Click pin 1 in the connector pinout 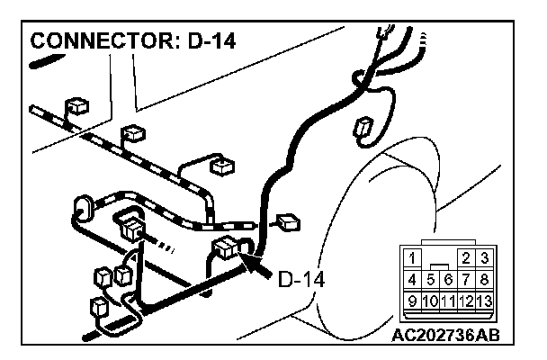tap(413, 258)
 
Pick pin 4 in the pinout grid tap(413, 279)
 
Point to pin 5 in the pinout tap(432, 279)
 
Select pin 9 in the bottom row tap(413, 300)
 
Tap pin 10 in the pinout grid tap(431, 300)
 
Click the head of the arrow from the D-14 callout tap(248, 259)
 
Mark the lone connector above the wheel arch tap(365, 128)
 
